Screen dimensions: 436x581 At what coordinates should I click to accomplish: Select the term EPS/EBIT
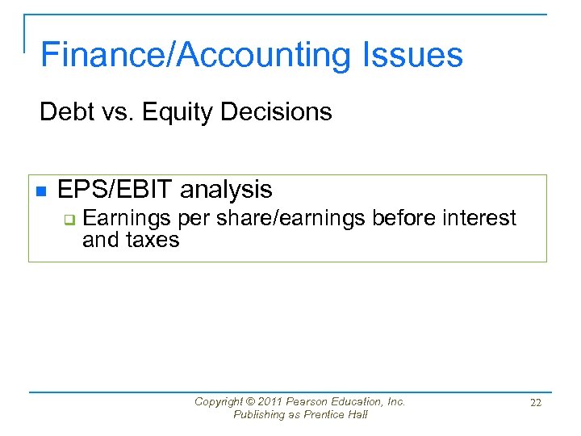115,190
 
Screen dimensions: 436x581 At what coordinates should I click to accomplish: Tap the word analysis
227,190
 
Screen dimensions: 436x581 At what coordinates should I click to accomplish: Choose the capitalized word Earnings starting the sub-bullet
127,219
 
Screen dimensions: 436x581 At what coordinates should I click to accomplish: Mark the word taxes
153,240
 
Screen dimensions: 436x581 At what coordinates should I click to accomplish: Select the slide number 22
535,402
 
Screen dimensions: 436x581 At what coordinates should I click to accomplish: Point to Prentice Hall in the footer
335,414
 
